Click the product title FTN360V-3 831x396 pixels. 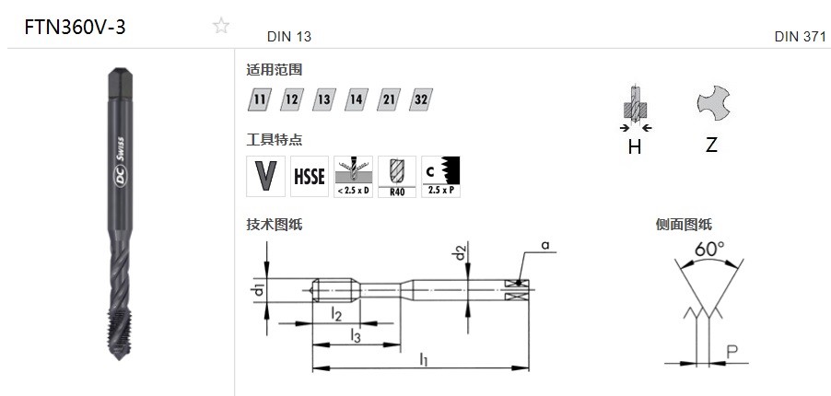click(x=75, y=27)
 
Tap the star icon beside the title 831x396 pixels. click(x=221, y=26)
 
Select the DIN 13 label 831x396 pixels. click(x=289, y=37)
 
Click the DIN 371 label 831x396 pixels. click(x=801, y=37)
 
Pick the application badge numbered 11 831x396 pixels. click(x=259, y=99)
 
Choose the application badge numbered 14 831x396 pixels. click(x=357, y=99)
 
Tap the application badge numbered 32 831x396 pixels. click(x=421, y=99)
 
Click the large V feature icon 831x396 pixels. click(x=265, y=177)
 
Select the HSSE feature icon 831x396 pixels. click(x=310, y=177)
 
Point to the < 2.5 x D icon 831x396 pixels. click(x=353, y=177)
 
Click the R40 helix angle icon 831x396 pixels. click(x=397, y=177)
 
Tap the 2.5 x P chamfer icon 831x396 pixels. click(x=441, y=177)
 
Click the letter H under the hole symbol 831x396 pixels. click(x=635, y=146)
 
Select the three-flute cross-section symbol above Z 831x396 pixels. click(x=713, y=103)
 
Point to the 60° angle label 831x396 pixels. click(x=709, y=249)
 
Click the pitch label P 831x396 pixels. click(x=732, y=352)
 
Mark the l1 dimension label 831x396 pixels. click(x=424, y=360)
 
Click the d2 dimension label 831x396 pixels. click(x=460, y=253)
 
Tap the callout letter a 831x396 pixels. click(x=545, y=245)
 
